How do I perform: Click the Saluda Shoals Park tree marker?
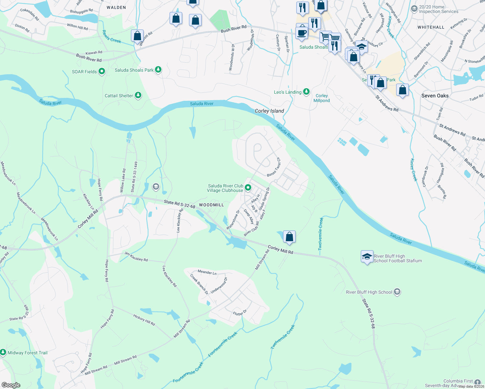click(158, 70)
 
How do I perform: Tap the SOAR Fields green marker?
click(102, 71)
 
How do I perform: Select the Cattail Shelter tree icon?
click(138, 96)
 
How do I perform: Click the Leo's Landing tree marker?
click(306, 92)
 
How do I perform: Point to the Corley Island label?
click(269, 111)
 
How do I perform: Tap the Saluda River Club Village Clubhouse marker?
click(248, 188)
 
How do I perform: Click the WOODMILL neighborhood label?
click(211, 205)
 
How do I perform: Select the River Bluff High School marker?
click(397, 292)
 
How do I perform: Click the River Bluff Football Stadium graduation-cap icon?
click(367, 257)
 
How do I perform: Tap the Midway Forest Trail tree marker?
click(3, 352)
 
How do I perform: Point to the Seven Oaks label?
click(435, 96)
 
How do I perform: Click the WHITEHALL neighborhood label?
click(431, 27)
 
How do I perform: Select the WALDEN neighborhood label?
click(116, 7)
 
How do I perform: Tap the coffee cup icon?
click(302, 33)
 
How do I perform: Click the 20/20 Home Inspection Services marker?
click(414, 9)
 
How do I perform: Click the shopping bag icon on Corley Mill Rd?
click(289, 237)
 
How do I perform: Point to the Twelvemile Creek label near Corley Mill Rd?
click(320, 234)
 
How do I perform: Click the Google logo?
click(11, 385)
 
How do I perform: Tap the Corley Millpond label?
click(322, 98)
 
